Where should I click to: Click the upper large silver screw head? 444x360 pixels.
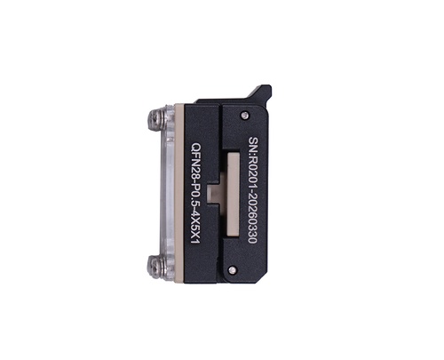coord(156,118)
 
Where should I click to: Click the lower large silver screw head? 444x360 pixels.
coord(156,265)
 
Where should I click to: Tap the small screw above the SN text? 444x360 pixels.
coord(244,115)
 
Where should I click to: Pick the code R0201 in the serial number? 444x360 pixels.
coord(253,172)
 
